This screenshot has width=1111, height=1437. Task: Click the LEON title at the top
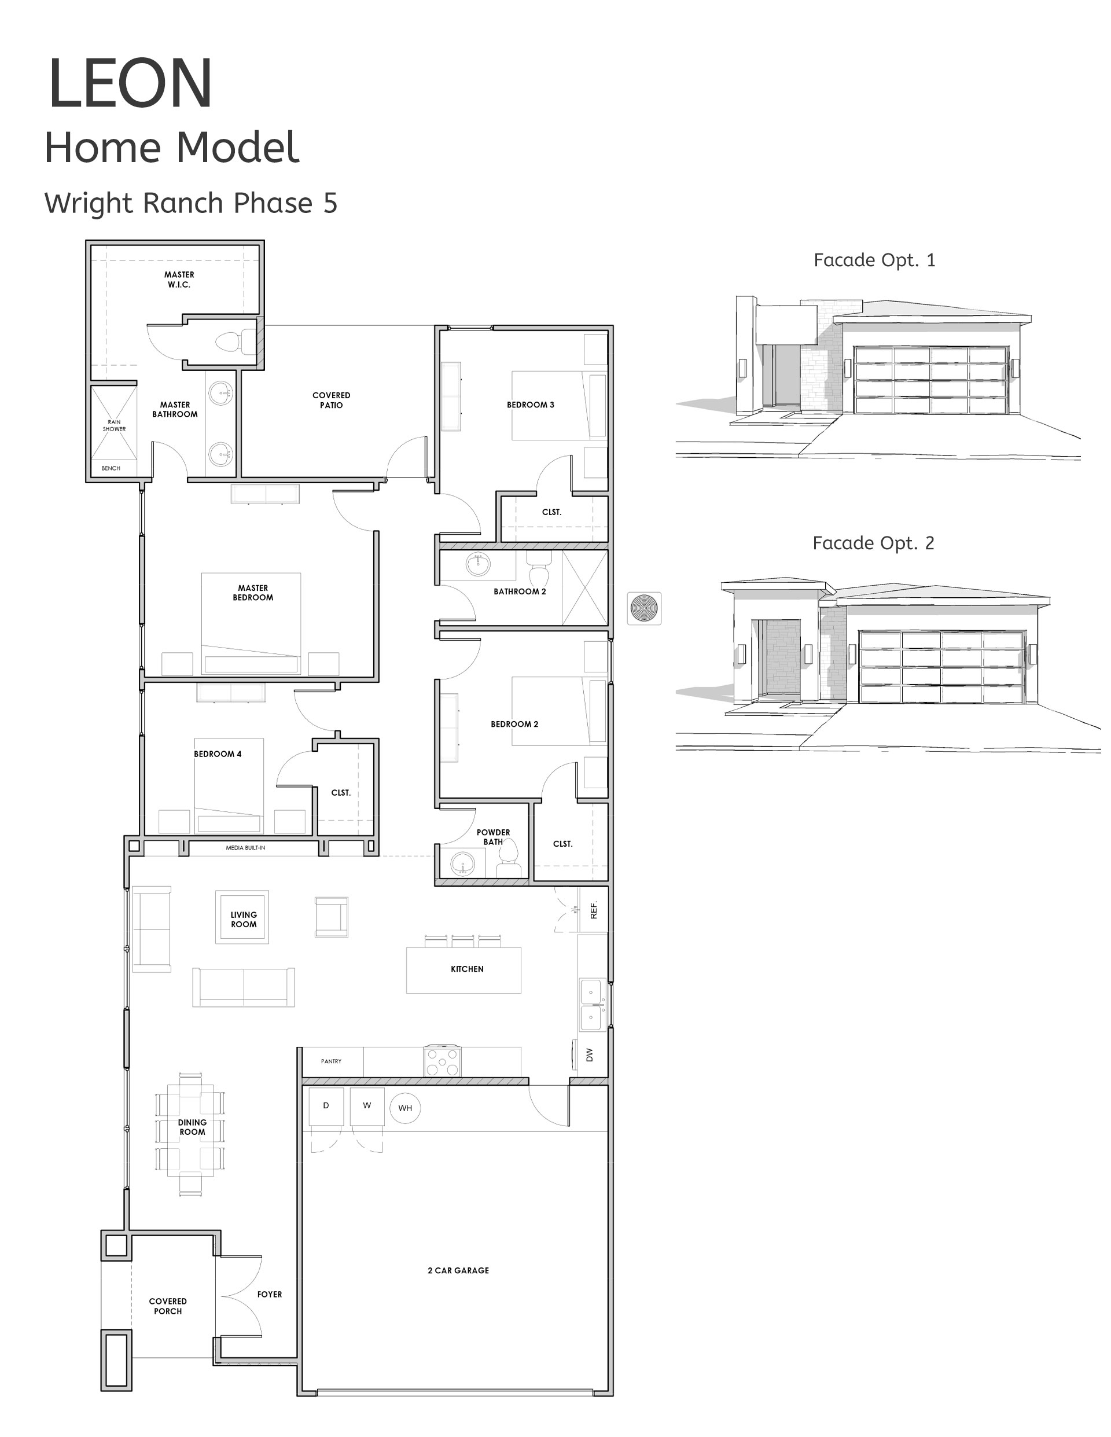coord(130,83)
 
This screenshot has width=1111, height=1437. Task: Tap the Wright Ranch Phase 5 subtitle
coord(191,203)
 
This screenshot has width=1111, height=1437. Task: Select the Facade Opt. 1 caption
coord(874,260)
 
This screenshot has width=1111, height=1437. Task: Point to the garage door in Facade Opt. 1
coord(931,380)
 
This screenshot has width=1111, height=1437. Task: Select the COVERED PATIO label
coord(332,400)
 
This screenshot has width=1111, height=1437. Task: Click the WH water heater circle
coord(405,1108)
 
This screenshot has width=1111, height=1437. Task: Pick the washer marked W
coord(367,1106)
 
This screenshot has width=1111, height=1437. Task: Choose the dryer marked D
coord(326,1106)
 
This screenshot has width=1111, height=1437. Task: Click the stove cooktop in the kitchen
coord(442,1061)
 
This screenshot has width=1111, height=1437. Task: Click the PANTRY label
coord(332,1061)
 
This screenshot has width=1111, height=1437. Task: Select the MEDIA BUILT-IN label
coord(245,848)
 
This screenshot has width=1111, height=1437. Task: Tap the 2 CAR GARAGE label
coord(458,1270)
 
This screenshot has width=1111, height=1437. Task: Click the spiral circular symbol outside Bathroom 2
coord(644,608)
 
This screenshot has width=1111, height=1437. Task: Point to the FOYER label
coord(270,1294)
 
